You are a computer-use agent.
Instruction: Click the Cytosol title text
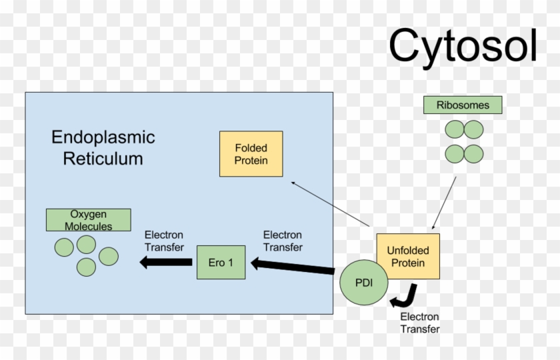point(463,46)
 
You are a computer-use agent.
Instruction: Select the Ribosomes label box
point(463,105)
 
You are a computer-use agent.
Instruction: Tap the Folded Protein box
point(251,153)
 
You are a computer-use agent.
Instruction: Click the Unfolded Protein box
point(408,257)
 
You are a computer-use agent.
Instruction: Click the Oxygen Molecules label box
point(88,220)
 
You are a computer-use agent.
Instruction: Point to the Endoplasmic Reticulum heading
point(103,148)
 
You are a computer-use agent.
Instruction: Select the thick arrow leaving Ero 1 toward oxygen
point(167,262)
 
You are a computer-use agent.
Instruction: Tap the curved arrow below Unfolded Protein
point(405,295)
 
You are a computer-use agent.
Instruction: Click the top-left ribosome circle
point(455,129)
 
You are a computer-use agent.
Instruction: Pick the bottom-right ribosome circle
point(473,154)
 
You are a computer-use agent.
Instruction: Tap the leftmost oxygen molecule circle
point(64,248)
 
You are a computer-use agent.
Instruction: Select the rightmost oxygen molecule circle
point(109,256)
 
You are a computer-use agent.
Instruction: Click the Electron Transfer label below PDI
point(420,323)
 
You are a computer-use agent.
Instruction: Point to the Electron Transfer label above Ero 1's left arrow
point(164,241)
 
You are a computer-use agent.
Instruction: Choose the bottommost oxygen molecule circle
point(87,267)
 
